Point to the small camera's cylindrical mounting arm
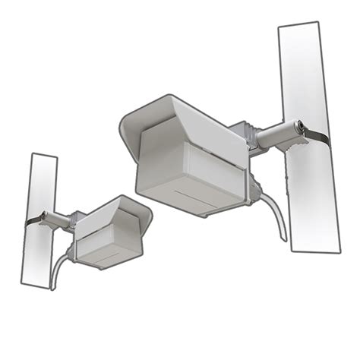tap(58, 220)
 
